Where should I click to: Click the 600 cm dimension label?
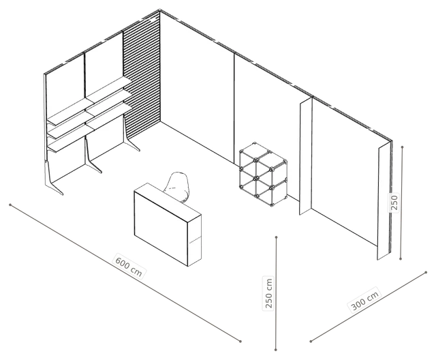[129, 266]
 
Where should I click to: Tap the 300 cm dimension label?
[365, 300]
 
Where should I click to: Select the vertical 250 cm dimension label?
[268, 293]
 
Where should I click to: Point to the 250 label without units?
[394, 202]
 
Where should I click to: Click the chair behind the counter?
[178, 186]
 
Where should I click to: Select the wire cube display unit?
[262, 174]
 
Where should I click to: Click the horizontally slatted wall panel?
[141, 75]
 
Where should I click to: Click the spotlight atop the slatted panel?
[153, 20]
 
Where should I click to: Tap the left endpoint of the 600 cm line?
[10, 205]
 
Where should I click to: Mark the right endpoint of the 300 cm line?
[426, 273]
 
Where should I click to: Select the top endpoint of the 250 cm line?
[276, 237]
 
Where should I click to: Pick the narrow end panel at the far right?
[384, 201]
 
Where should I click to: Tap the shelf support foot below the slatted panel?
[130, 134]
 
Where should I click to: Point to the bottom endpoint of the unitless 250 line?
[401, 258]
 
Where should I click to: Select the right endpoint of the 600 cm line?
[240, 341]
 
